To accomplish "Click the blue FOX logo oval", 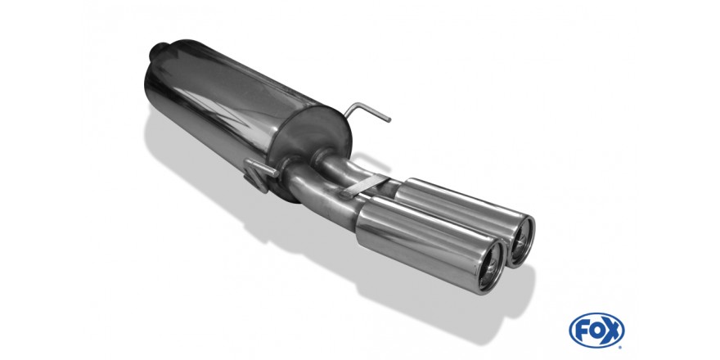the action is [x=596, y=331].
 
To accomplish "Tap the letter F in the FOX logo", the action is [x=582, y=331].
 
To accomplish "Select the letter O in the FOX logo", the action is [x=596, y=331].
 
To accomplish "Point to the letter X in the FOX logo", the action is [x=611, y=330].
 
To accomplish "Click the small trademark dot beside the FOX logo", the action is [x=621, y=347].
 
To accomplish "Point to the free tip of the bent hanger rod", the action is [x=389, y=120].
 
